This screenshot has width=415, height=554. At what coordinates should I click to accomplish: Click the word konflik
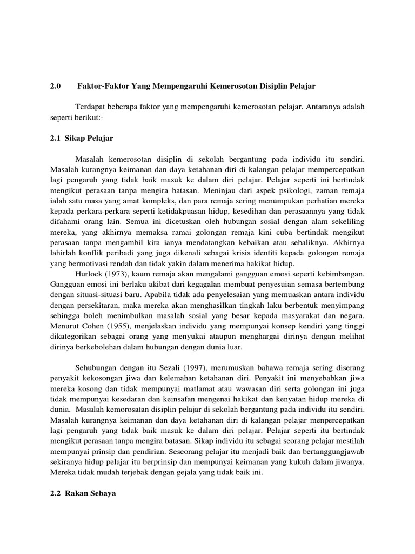point(94,253)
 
